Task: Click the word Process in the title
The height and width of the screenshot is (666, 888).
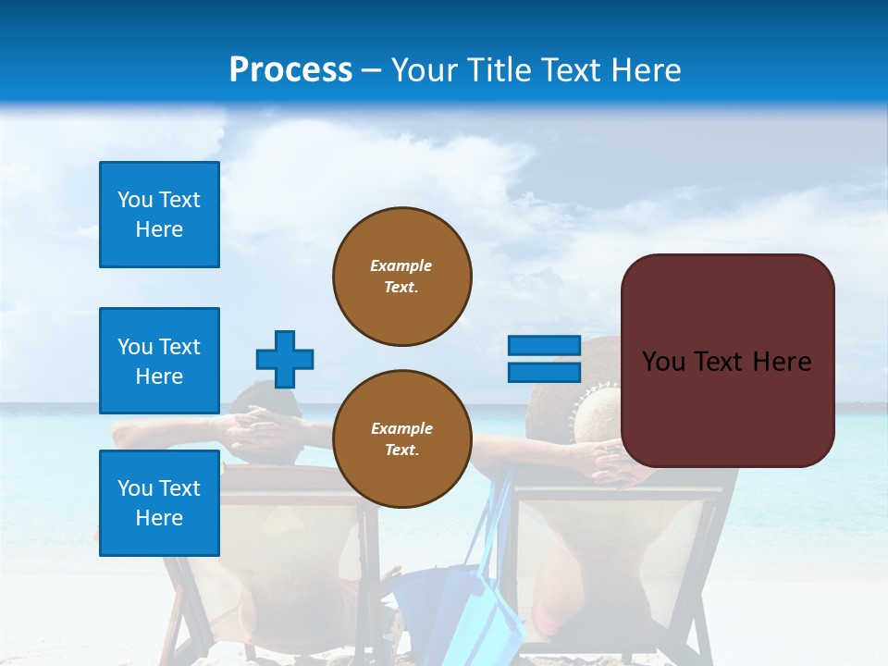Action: pyautogui.click(x=290, y=70)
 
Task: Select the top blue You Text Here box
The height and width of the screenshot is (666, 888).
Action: pyautogui.click(x=159, y=215)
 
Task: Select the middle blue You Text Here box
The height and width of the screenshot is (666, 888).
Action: pyautogui.click(x=159, y=361)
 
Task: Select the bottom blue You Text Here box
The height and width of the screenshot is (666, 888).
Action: pyautogui.click(x=159, y=502)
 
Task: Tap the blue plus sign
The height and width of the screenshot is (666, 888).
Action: pyautogui.click(x=285, y=359)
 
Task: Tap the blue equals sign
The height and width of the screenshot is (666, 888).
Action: pyautogui.click(x=544, y=360)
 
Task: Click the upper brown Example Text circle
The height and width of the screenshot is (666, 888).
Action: pyautogui.click(x=402, y=276)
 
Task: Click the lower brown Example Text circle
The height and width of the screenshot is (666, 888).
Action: pyautogui.click(x=402, y=438)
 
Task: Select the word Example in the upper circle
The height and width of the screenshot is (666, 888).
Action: pyautogui.click(x=401, y=265)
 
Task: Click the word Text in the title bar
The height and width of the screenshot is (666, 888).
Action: pyautogui.click(x=573, y=70)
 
